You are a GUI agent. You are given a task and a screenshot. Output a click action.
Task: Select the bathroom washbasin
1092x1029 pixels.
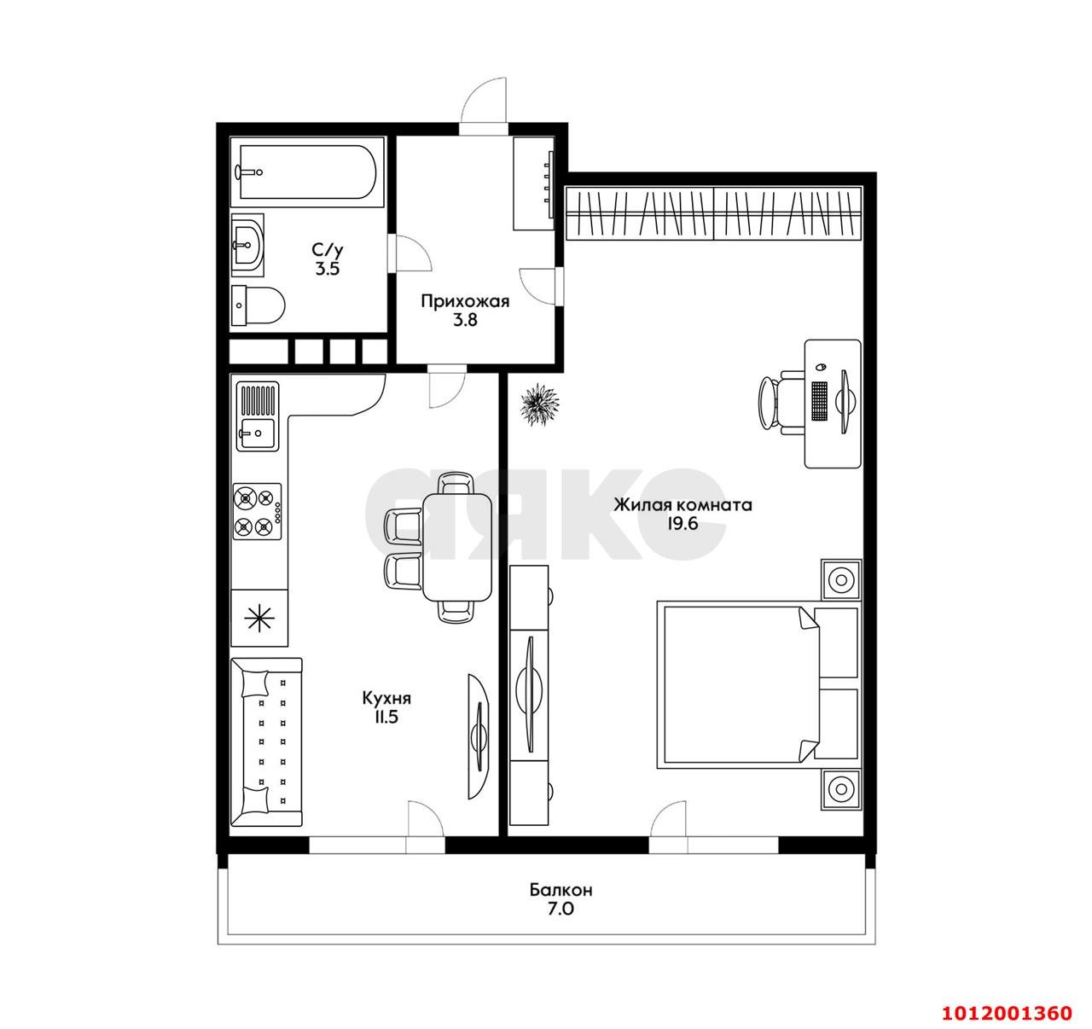click(248, 244)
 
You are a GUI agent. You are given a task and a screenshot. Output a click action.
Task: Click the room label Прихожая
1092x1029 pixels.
click(465, 301)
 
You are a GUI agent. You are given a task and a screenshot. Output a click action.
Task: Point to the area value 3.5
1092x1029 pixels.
click(328, 269)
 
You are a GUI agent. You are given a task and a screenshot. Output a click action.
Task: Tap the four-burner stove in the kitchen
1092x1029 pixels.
click(258, 511)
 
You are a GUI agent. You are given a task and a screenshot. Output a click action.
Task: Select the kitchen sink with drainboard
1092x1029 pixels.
click(258, 417)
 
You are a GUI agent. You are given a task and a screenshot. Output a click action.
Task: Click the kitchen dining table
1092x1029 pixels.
click(456, 547)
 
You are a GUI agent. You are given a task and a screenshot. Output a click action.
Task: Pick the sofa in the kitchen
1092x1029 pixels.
click(266, 741)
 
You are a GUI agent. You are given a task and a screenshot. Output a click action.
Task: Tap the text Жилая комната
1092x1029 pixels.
click(682, 505)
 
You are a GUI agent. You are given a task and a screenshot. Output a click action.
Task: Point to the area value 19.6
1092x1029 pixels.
click(682, 524)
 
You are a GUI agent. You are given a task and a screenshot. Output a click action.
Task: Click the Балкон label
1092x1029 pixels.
click(561, 890)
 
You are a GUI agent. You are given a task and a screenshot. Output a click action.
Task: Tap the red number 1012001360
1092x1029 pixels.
click(1006, 1013)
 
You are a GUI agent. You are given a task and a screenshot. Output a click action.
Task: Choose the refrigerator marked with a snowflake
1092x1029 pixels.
click(259, 619)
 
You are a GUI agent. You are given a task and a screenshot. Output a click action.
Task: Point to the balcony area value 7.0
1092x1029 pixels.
click(561, 910)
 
